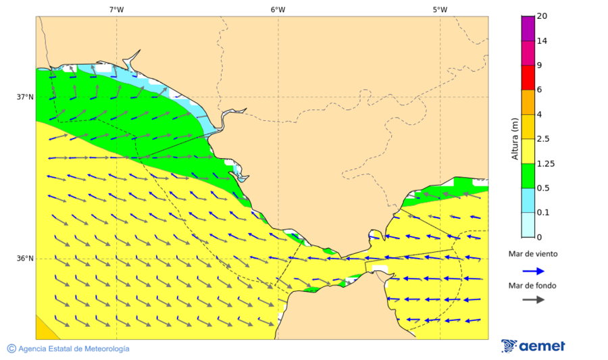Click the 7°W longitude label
[116, 9]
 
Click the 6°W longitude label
[278, 9]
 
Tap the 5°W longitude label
[440, 9]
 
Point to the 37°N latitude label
[25, 97]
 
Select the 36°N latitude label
[25, 258]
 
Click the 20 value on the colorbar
[541, 16]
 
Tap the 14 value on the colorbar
[541, 41]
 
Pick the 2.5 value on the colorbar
[543, 139]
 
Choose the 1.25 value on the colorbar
[545, 163]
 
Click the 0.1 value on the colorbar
[543, 213]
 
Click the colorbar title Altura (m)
[515, 138]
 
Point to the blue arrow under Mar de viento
[533, 271]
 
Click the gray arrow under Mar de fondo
[533, 299]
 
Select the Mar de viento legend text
[533, 254]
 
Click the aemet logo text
[542, 346]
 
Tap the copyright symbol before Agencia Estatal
[11, 349]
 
